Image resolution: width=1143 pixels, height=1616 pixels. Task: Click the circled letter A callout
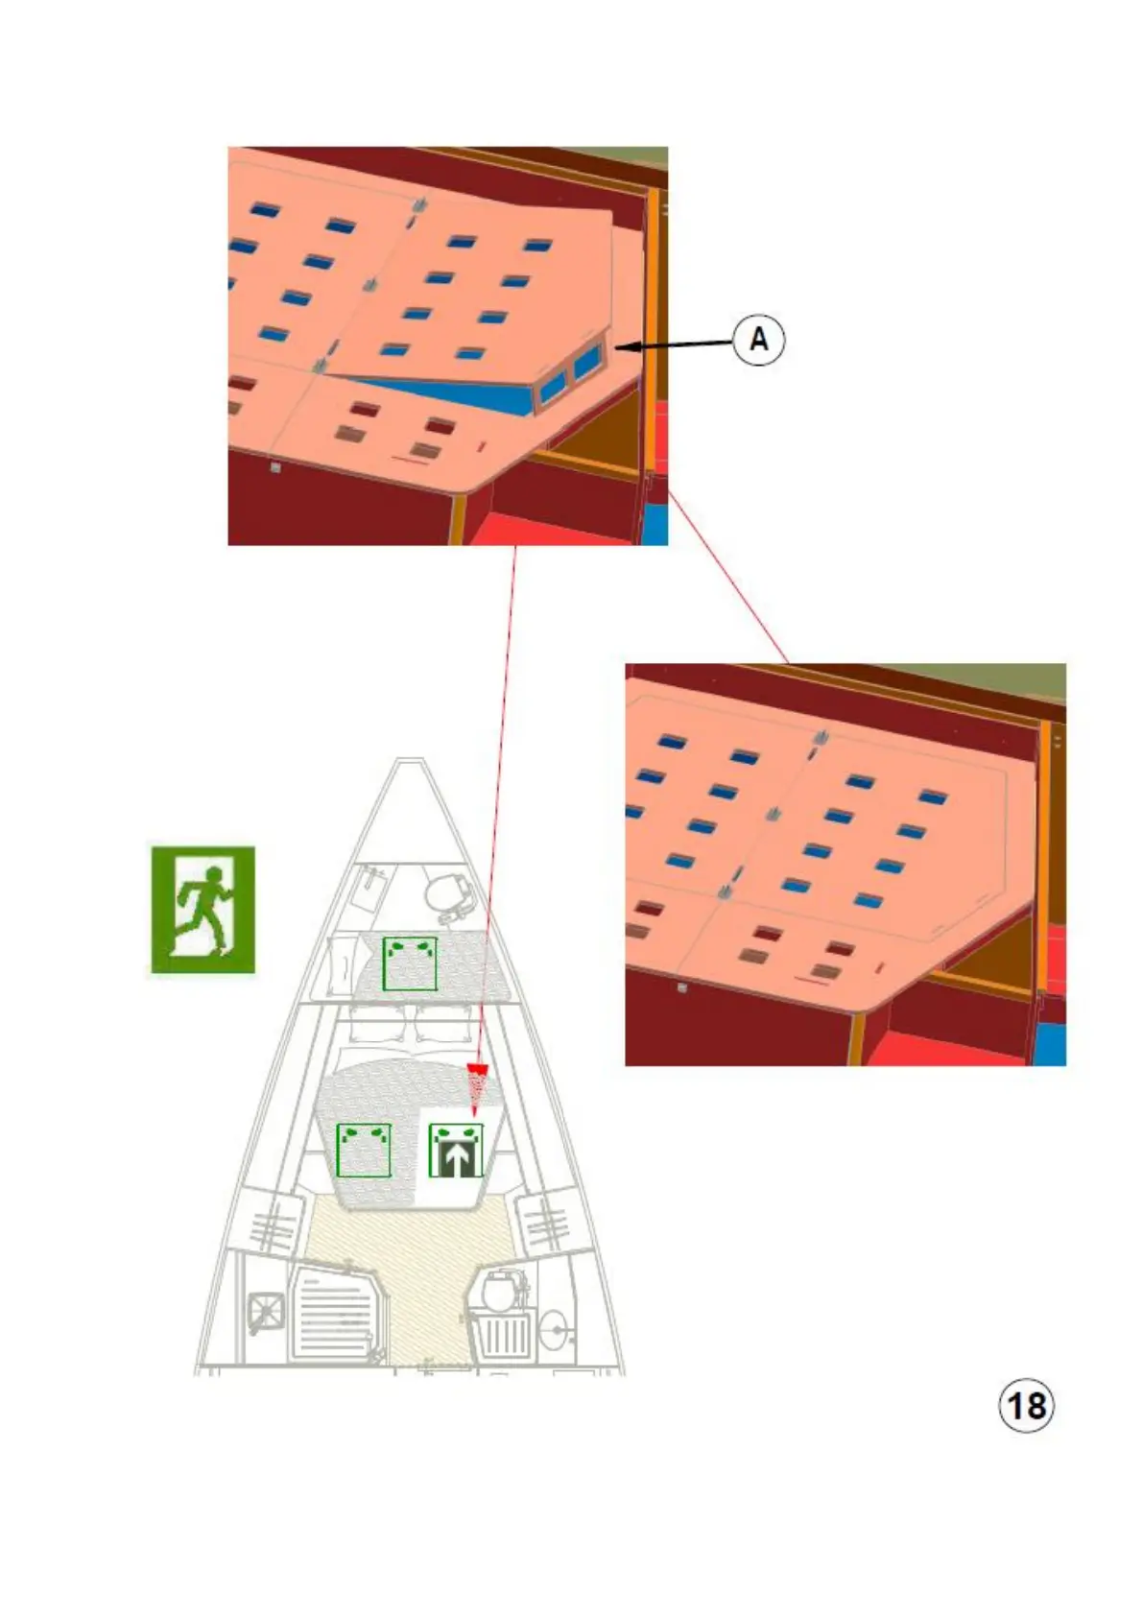758,340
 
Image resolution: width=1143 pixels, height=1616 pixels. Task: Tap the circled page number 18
1026,1406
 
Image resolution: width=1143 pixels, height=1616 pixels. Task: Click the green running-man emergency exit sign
202,909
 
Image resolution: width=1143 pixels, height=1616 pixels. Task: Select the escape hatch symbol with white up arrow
456,1151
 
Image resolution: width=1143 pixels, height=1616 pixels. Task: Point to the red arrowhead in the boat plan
477,1070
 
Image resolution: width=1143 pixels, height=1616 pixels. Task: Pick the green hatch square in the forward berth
410,963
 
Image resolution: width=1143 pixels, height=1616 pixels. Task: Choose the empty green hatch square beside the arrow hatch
364,1151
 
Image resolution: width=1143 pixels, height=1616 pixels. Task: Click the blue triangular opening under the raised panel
451,393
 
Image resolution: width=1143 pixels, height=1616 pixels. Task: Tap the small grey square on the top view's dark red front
275,467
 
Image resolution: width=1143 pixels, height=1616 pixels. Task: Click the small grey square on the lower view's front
681,986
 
